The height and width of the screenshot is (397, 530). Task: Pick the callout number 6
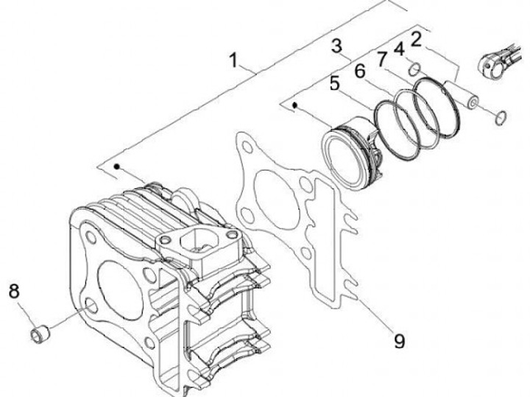360,71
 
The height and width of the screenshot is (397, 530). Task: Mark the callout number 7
381,59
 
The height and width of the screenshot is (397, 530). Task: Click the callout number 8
14,291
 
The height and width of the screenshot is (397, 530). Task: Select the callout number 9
399,340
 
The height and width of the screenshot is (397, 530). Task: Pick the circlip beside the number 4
415,69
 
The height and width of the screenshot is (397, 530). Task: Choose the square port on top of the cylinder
194,239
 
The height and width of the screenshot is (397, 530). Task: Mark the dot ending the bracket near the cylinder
117,168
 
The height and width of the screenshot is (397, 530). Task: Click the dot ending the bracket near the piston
294,106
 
